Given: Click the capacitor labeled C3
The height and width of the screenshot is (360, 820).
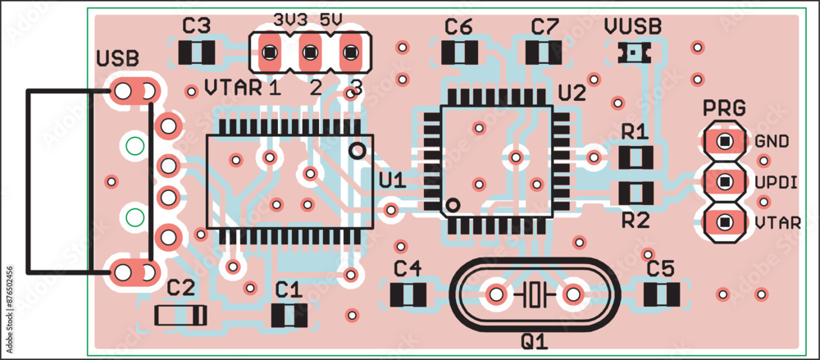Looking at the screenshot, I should point(197,54).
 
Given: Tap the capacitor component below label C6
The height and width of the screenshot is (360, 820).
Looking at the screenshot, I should point(459,52).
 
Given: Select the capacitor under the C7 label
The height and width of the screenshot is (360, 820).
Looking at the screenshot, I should point(543,52).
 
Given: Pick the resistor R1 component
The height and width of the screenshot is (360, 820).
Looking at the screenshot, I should point(635,156).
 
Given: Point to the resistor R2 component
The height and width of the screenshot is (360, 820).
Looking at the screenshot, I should point(635,194).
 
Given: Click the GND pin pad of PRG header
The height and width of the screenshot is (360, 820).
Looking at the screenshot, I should point(724,141).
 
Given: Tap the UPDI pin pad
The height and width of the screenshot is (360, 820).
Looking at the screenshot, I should point(724,181).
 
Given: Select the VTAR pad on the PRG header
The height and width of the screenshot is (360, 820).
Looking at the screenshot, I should point(724,221).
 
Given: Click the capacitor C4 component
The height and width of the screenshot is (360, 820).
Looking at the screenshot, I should point(408,294).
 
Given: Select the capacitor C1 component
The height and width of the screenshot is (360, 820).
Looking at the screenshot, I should point(289,314).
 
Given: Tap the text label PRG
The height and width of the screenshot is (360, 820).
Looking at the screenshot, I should point(725,107).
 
